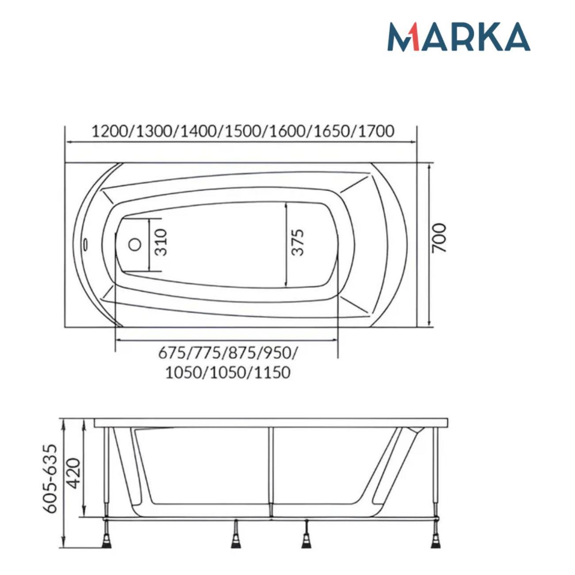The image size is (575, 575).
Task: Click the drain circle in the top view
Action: tap(135, 245)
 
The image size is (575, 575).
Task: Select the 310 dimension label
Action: tap(161, 242)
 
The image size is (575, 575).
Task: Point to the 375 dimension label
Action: tap(298, 242)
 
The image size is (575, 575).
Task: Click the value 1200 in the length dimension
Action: tap(110, 132)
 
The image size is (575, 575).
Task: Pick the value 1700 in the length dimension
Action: tap(376, 132)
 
